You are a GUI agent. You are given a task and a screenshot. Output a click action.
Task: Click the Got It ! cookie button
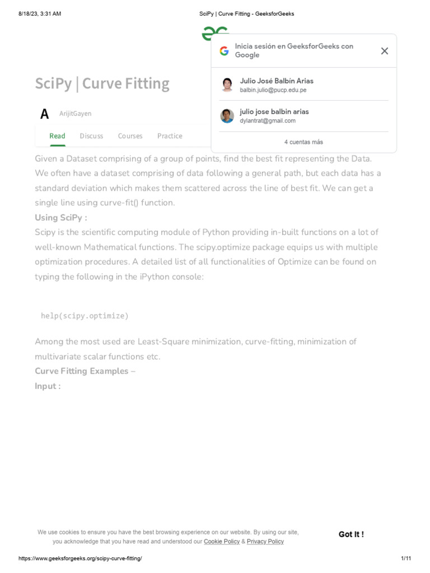[351, 534]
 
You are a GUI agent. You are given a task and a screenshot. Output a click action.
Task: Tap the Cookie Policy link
[222, 542]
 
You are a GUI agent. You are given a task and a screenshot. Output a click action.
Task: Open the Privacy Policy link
[265, 542]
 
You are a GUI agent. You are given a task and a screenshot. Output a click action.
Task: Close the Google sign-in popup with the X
[384, 51]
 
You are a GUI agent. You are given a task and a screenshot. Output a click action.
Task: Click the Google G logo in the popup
[224, 51]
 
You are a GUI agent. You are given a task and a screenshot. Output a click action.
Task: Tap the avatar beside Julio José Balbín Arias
[227, 85]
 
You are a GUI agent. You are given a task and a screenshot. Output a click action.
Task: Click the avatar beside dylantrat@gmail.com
[227, 116]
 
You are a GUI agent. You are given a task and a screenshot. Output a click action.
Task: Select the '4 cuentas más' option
[303, 142]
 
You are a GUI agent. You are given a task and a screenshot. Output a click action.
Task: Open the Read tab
[57, 136]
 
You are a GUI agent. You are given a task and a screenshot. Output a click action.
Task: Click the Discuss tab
[91, 136]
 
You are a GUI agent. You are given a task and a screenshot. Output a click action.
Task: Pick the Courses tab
[130, 136]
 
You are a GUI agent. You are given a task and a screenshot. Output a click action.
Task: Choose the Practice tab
[170, 136]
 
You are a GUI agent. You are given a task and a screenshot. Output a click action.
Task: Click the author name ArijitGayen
[75, 114]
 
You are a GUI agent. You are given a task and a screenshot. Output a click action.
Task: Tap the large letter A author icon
[45, 114]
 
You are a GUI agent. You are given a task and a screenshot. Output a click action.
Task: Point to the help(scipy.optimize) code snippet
[85, 316]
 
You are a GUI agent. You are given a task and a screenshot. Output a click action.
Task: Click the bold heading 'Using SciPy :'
[60, 218]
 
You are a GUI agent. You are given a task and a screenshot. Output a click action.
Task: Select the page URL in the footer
[80, 559]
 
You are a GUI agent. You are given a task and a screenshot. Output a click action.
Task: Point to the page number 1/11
[406, 559]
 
